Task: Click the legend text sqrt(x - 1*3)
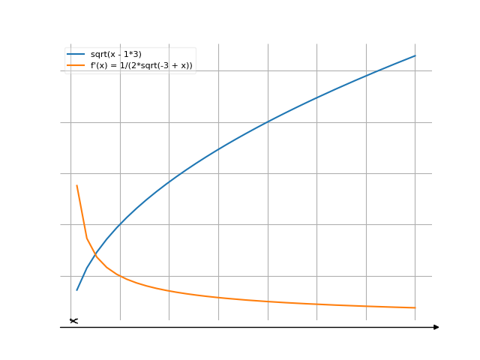(115, 55)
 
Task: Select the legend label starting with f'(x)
(141, 66)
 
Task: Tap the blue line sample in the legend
(76, 55)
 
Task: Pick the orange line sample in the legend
(76, 66)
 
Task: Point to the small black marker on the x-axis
(73, 321)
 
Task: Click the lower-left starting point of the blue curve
(76, 290)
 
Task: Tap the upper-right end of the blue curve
(415, 55)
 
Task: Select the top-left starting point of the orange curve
(76, 184)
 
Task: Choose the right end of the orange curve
(415, 307)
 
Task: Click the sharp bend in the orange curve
(87, 238)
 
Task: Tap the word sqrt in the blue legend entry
(98, 55)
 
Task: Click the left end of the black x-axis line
(61, 327)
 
